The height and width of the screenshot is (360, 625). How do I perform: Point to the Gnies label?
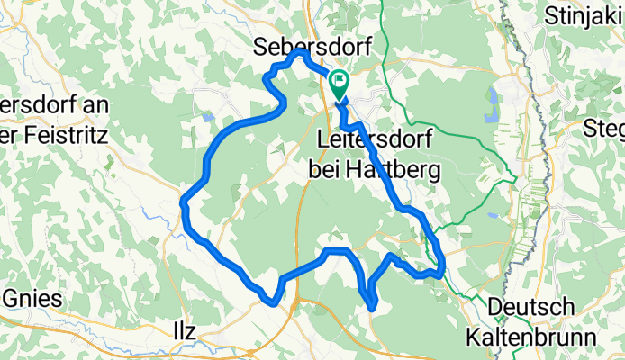(x=31, y=299)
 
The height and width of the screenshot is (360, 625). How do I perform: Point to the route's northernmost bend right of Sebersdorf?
(x=298, y=54)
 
